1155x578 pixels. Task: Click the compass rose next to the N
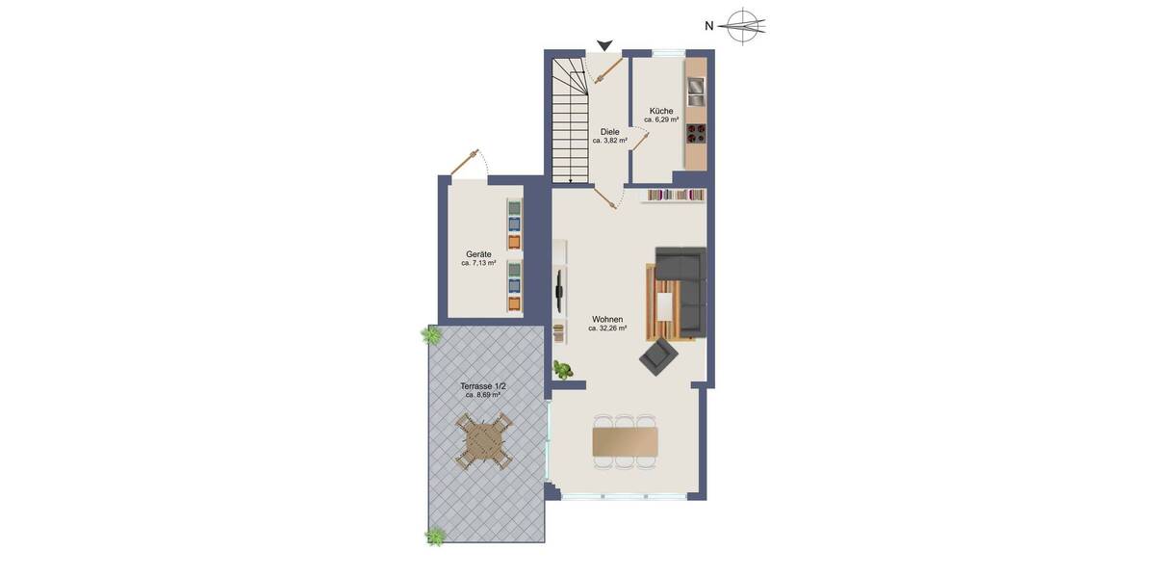tap(745, 26)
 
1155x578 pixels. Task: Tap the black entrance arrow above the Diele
tap(604, 45)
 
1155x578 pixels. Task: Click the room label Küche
tap(661, 111)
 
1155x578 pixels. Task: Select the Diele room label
tap(609, 132)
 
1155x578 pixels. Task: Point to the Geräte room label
tap(478, 254)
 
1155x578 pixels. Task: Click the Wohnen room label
tap(607, 319)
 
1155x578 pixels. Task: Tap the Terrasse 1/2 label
tap(483, 386)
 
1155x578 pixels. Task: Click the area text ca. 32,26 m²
tap(607, 328)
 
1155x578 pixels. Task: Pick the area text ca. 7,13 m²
tap(478, 263)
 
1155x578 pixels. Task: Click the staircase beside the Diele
tap(569, 120)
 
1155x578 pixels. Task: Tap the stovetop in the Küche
tap(695, 133)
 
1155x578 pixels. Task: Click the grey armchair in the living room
tap(659, 356)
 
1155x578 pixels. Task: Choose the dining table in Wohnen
tap(626, 442)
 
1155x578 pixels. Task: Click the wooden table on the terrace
tap(483, 441)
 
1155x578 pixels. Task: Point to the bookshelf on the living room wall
tap(675, 196)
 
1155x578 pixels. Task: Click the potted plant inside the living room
tap(562, 369)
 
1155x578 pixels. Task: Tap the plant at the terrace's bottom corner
tap(436, 537)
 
